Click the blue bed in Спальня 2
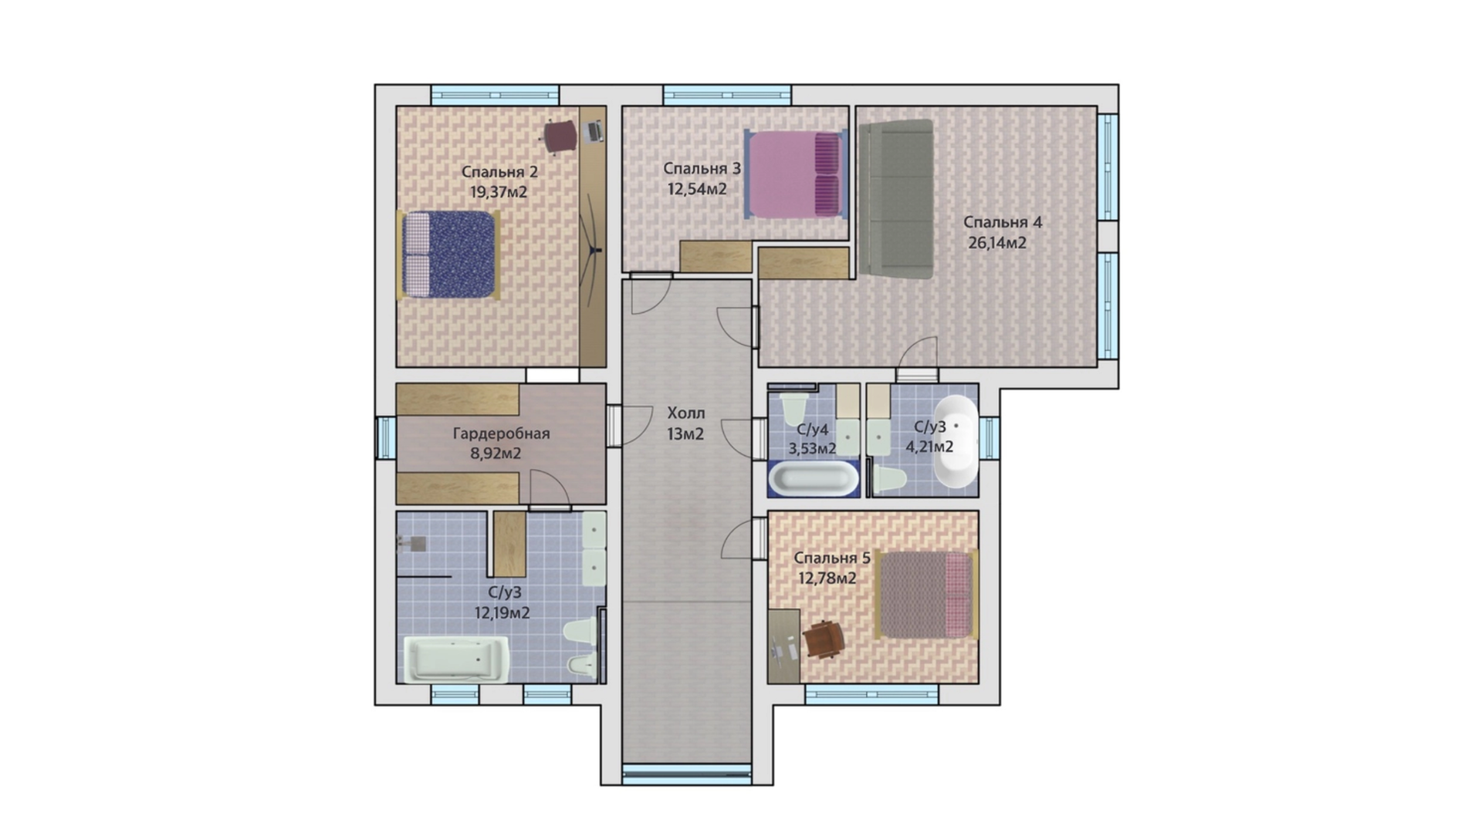point(448,255)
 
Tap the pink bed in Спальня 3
point(796,174)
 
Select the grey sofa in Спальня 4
point(896,198)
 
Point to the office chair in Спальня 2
point(560,137)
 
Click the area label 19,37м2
point(499,192)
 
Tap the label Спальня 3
point(702,168)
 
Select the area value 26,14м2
point(997,243)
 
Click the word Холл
point(685,413)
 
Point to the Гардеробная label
point(501,433)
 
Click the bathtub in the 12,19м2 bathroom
point(456,659)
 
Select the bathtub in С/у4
point(814,478)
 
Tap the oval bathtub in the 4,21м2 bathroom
point(956,442)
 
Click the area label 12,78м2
point(827,578)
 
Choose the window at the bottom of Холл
point(687,774)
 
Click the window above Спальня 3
point(727,95)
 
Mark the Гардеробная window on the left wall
point(385,437)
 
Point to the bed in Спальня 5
point(928,595)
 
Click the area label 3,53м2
point(812,448)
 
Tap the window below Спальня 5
point(871,694)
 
